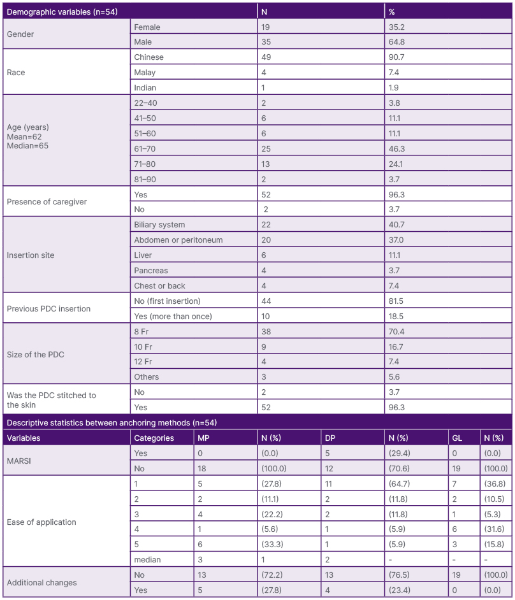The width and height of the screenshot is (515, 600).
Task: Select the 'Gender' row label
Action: click(x=20, y=34)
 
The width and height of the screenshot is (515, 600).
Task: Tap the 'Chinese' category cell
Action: click(x=150, y=57)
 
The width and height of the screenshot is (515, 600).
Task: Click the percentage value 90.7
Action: click(x=398, y=57)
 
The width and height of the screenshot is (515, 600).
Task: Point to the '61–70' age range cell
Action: click(x=145, y=148)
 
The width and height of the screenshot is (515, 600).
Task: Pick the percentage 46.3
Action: click(x=398, y=148)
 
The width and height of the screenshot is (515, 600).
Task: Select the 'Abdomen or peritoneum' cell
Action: click(x=178, y=240)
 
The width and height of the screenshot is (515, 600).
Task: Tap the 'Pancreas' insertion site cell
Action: click(x=152, y=271)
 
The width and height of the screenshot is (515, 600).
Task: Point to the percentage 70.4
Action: click(x=398, y=331)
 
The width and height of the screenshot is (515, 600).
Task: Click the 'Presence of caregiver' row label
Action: click(x=47, y=202)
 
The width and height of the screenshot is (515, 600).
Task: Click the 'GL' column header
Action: click(x=457, y=438)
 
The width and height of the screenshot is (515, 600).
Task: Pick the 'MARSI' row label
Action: click(x=20, y=461)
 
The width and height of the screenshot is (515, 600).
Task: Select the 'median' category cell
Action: click(x=147, y=560)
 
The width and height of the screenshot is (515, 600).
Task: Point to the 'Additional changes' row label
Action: click(x=41, y=583)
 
